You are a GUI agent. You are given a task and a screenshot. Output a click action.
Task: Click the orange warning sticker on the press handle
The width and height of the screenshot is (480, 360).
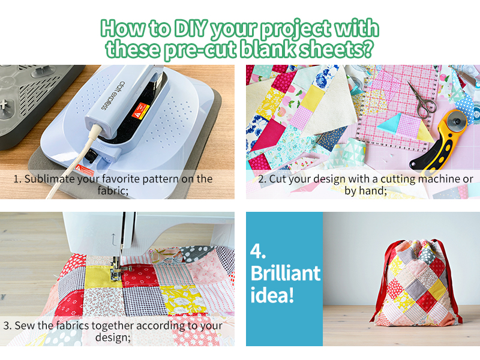[140, 110]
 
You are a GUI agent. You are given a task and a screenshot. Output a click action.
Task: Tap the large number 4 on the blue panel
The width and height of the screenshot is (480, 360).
[258, 251]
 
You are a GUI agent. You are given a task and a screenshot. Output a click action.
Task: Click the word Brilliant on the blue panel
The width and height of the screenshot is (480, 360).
[286, 273]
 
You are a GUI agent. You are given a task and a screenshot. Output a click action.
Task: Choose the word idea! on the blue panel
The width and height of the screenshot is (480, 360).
[272, 295]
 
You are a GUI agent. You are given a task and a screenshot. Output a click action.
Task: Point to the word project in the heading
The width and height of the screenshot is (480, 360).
[295, 29]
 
